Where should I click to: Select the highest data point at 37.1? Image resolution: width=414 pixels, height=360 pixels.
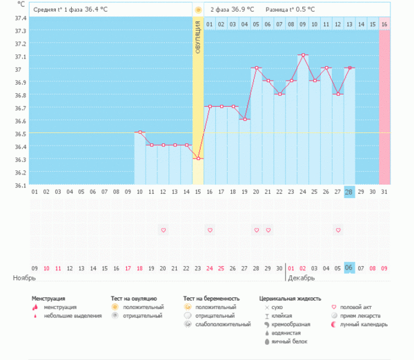click(x=303, y=54)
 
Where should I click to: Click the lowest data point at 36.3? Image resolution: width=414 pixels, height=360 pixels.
click(x=198, y=159)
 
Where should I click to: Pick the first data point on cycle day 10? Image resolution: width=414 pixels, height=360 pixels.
click(x=139, y=132)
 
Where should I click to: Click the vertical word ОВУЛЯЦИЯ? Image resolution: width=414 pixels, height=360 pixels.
click(x=198, y=48)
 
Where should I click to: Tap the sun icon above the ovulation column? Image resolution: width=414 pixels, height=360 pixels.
click(x=198, y=10)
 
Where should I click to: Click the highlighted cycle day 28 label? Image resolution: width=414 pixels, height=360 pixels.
click(x=350, y=192)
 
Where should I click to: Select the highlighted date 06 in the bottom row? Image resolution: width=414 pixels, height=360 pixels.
click(x=350, y=268)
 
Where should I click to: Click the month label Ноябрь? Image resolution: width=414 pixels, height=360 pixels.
click(x=24, y=278)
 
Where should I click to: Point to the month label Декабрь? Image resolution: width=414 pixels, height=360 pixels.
click(x=302, y=278)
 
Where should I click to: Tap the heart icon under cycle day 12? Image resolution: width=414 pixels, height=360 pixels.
click(x=163, y=230)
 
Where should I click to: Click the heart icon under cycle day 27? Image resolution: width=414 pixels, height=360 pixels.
click(x=338, y=230)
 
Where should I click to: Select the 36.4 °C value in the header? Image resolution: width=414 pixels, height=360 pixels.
click(x=97, y=10)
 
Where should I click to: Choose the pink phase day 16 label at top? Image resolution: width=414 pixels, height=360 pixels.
click(x=384, y=24)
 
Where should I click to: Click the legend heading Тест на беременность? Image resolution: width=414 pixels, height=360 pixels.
click(x=212, y=298)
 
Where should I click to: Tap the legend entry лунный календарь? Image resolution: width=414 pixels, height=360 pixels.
click(x=362, y=324)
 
